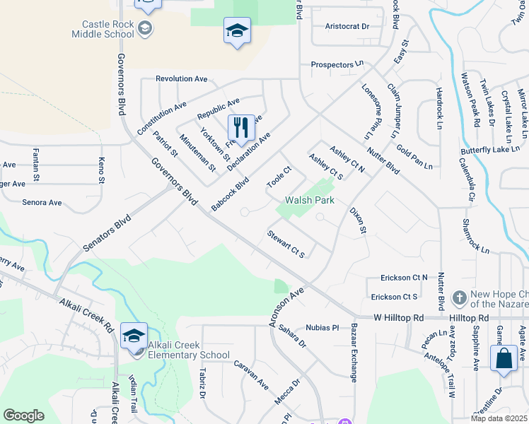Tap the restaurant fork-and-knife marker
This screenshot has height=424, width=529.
pos(240,128)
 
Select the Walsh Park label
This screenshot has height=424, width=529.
pos(309,200)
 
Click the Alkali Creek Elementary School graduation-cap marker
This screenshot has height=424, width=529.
pos(134,336)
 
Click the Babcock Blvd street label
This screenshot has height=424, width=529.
pos(231,193)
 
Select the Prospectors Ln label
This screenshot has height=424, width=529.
pos(332,65)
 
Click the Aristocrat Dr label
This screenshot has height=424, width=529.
pos(347,26)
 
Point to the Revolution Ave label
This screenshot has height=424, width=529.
pos(181,78)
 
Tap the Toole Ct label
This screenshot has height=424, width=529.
pos(279,177)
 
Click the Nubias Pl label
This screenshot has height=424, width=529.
pos(323,328)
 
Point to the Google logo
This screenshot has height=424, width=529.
pos(23,416)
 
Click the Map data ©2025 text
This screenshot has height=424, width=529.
pos(499,418)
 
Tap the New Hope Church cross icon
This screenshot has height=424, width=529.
pos(459,298)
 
